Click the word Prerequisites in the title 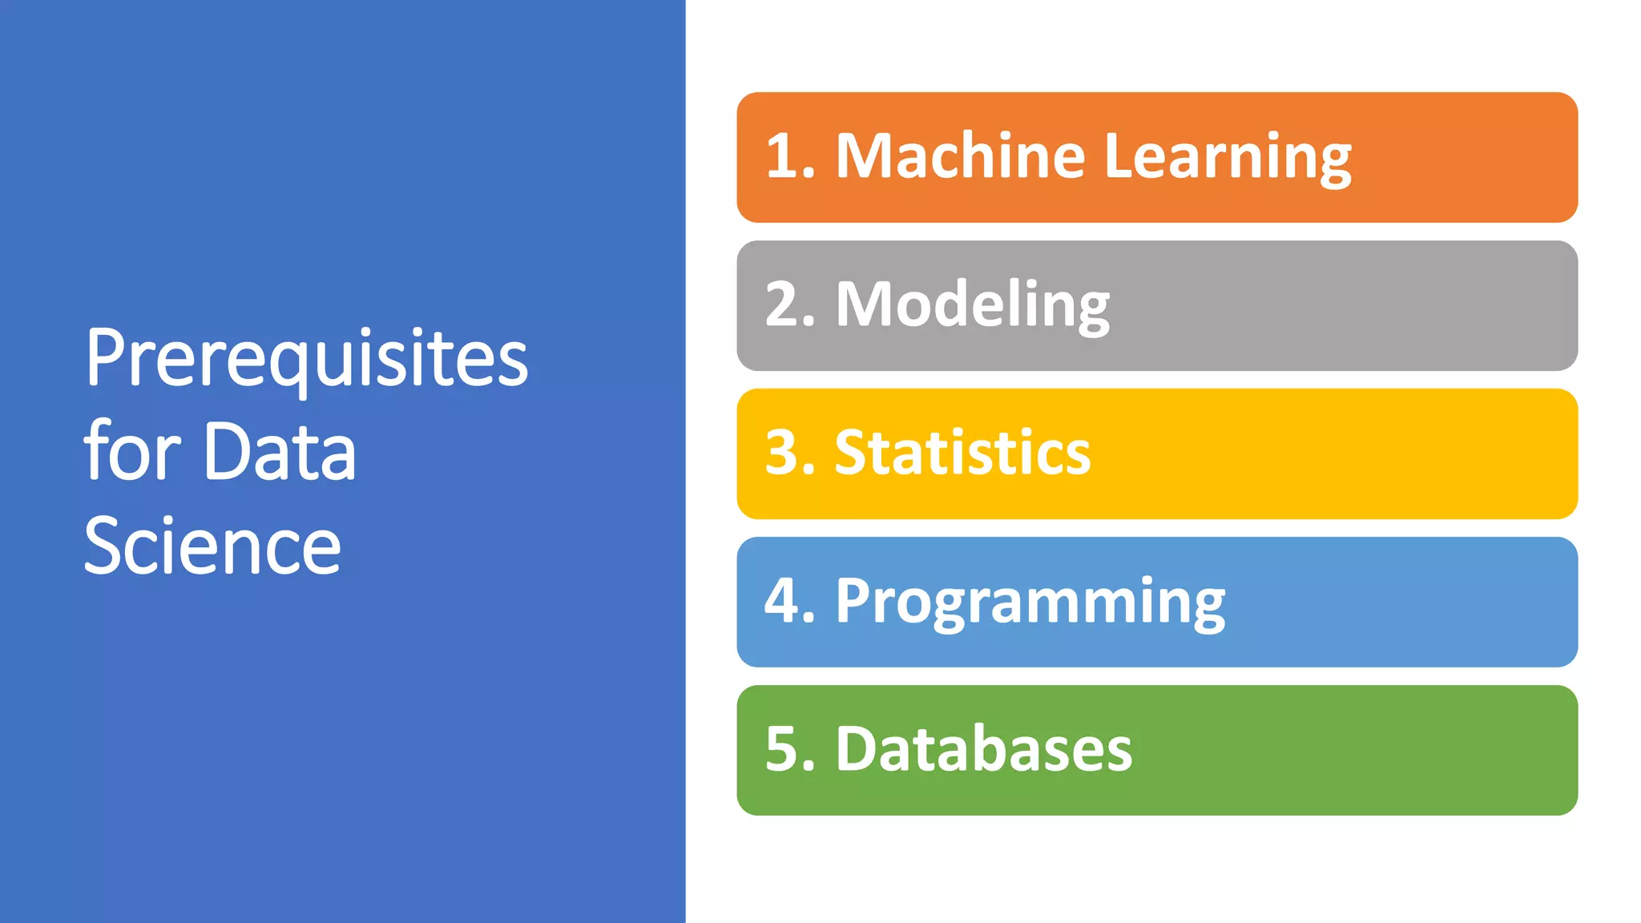[x=306, y=358]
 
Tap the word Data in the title [x=280, y=452]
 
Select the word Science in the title [x=212, y=546]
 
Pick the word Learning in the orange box [x=1228, y=157]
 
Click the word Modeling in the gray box [x=973, y=304]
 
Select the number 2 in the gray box [x=782, y=304]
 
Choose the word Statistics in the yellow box [x=962, y=453]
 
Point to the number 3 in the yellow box [x=782, y=453]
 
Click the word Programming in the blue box [x=1030, y=601]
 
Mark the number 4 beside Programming [x=782, y=601]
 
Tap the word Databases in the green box [x=984, y=749]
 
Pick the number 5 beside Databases [x=782, y=749]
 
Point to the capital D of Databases [x=857, y=749]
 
